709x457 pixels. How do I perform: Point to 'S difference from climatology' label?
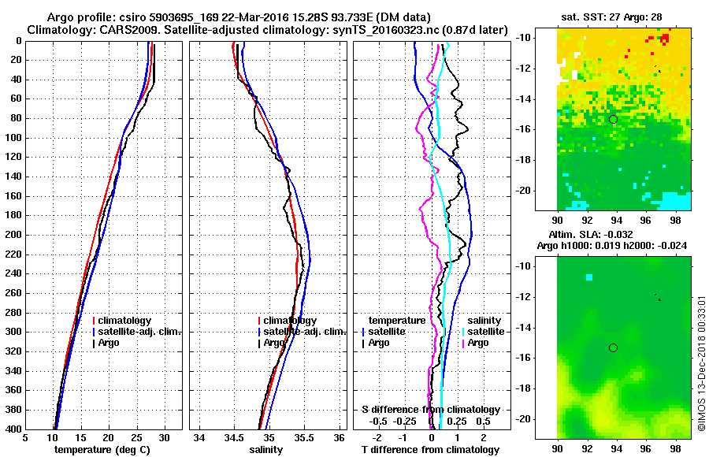click(431, 410)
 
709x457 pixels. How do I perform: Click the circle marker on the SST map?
click(613, 119)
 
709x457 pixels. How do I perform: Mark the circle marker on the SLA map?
click(613, 347)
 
